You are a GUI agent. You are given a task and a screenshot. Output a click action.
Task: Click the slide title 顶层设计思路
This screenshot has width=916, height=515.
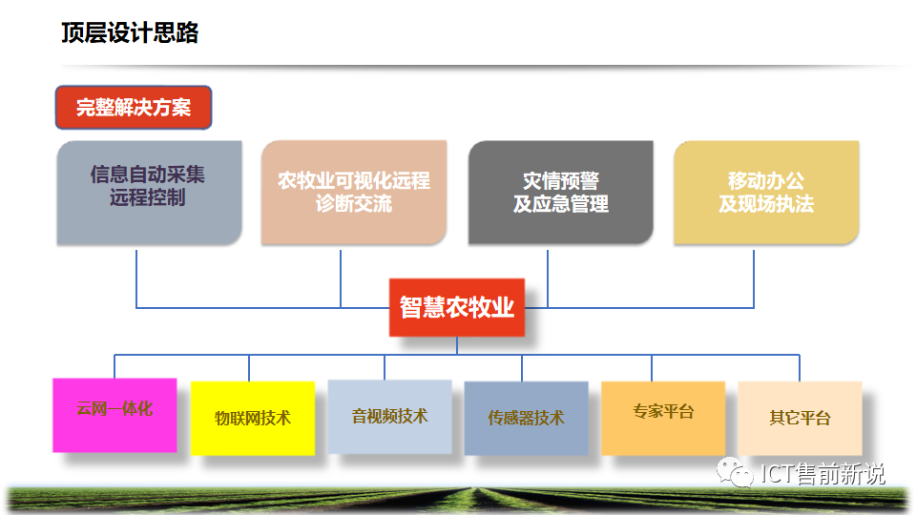130,32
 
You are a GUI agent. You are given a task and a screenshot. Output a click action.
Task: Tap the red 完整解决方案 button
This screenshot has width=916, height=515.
134,108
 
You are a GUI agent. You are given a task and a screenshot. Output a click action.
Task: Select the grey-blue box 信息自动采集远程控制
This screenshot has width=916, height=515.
150,193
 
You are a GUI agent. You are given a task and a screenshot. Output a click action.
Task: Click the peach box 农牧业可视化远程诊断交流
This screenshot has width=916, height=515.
354,192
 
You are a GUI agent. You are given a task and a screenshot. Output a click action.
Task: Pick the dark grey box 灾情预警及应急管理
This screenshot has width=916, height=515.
561,192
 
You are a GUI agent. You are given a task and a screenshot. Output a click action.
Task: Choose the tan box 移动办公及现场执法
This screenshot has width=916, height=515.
766,192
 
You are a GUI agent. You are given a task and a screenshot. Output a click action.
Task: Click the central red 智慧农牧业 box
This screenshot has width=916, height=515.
457,307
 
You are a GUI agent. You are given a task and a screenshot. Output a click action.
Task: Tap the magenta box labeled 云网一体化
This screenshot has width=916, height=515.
114,415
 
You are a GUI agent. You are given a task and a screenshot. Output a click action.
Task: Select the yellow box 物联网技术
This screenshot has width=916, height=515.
253,418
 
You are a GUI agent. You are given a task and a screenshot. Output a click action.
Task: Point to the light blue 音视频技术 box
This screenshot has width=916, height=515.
389,417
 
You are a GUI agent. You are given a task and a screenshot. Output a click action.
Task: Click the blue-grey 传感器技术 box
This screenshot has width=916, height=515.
527,418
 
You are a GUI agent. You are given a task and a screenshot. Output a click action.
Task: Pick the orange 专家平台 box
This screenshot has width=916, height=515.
663,418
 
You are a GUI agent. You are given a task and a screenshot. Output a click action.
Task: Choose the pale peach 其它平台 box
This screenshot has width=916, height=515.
800,418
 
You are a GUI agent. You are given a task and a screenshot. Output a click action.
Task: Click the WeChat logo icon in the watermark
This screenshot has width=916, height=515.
735,472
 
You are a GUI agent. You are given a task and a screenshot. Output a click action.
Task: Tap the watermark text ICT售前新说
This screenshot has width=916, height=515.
822,474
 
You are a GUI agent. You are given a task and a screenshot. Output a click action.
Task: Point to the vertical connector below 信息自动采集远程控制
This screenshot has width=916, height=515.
136,279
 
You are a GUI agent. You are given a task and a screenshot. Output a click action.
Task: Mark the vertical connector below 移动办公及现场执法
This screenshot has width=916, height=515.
754,279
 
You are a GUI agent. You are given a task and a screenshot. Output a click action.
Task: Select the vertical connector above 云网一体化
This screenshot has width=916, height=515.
114,366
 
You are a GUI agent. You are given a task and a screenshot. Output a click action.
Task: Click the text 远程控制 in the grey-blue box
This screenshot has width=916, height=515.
147,198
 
